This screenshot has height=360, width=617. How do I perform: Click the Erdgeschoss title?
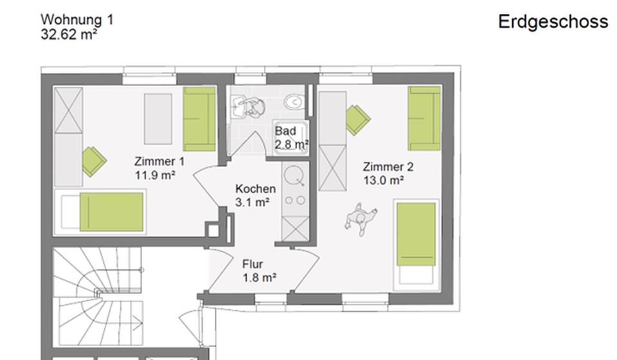click(x=553, y=22)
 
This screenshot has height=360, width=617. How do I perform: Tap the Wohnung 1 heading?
click(x=77, y=20)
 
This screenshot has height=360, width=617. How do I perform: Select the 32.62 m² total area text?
click(x=69, y=35)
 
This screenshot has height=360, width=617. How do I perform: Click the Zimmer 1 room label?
click(x=159, y=161)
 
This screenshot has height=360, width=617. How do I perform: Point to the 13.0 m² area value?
click(x=383, y=181)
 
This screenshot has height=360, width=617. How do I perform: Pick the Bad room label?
click(x=285, y=131)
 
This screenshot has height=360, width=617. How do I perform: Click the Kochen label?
click(x=255, y=189)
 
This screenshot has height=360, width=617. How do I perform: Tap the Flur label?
click(x=253, y=264)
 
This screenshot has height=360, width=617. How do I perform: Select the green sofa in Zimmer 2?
click(x=425, y=118)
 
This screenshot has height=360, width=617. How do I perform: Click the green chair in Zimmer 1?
click(x=94, y=161)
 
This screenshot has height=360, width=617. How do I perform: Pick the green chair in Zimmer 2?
click(x=357, y=119)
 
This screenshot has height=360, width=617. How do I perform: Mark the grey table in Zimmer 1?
click(x=157, y=119)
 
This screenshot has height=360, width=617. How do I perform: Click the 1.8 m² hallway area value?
click(x=260, y=278)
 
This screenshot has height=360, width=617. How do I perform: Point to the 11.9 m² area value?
click(x=155, y=175)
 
